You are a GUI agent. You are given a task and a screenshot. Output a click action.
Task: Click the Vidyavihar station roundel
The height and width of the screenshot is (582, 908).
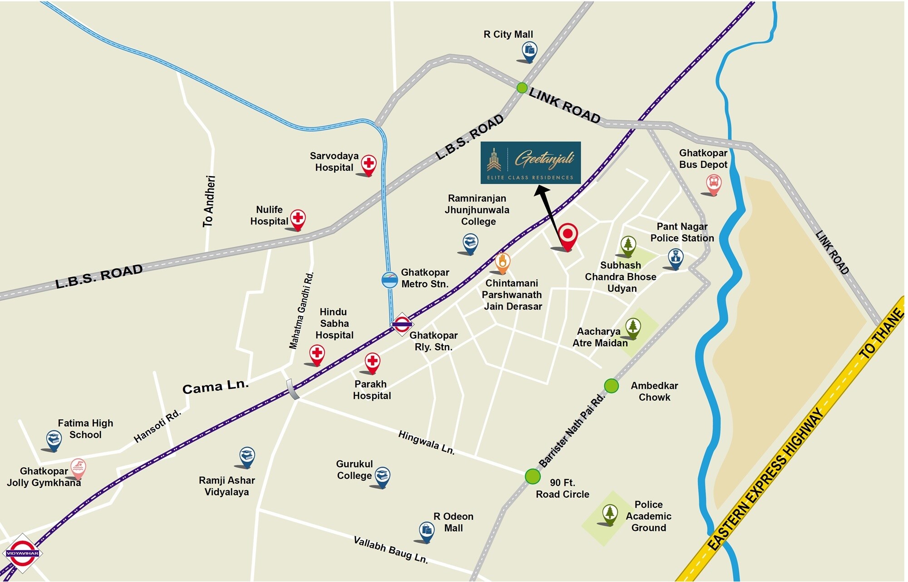pyautogui.click(x=22, y=553)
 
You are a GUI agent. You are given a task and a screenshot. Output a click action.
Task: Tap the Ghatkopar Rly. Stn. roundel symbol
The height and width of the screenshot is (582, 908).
pyautogui.click(x=402, y=324)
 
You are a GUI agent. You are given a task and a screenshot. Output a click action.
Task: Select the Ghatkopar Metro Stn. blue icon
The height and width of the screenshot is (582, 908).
pyautogui.click(x=390, y=280)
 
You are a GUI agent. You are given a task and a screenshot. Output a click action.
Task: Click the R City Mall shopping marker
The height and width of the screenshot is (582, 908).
pyautogui.click(x=529, y=50)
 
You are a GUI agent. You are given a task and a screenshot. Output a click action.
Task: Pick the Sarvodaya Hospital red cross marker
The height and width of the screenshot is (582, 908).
pyautogui.click(x=369, y=164)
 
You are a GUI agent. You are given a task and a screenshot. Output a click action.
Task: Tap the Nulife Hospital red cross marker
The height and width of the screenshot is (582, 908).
pyautogui.click(x=298, y=218)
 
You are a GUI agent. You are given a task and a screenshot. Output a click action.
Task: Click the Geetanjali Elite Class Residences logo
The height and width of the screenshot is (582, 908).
pyautogui.click(x=530, y=162)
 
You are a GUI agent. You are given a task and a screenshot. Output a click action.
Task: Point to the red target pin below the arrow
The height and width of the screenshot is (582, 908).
pyautogui.click(x=567, y=235)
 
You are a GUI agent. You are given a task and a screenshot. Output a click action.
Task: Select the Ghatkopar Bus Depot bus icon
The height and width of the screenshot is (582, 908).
pyautogui.click(x=714, y=183)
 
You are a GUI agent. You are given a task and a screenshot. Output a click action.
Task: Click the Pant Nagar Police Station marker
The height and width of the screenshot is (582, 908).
pyautogui.click(x=676, y=258)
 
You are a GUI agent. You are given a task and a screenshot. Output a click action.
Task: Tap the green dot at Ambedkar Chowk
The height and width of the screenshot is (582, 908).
pyautogui.click(x=612, y=386)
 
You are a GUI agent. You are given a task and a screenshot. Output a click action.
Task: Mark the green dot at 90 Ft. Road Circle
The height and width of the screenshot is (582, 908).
pyautogui.click(x=533, y=476)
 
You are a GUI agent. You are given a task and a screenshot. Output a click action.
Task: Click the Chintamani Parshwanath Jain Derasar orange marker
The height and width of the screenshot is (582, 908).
pyautogui.click(x=502, y=262)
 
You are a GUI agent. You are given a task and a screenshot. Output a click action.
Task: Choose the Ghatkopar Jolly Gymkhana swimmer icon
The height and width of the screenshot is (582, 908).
pyautogui.click(x=79, y=467)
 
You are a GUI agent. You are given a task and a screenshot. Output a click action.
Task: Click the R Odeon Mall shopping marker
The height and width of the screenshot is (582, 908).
pyautogui.click(x=427, y=530)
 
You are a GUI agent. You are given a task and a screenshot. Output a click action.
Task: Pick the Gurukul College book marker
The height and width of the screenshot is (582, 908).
pyautogui.click(x=382, y=476)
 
